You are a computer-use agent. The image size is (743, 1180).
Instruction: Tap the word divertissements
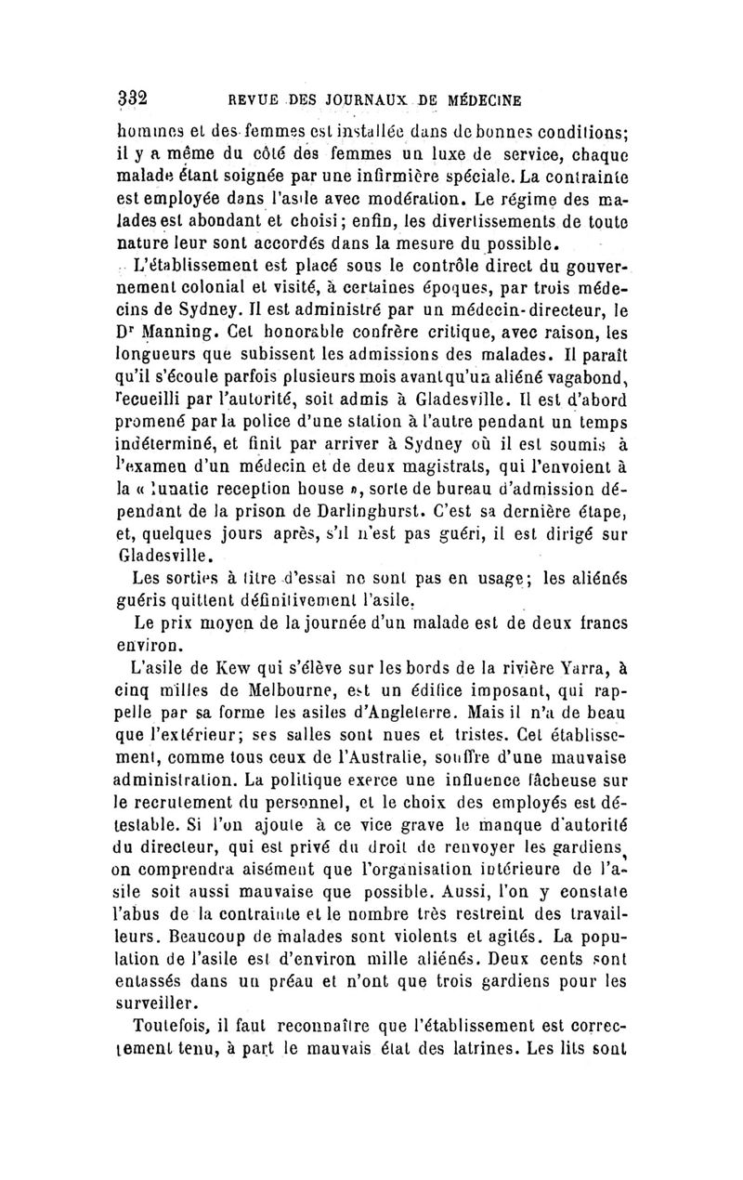542,220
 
